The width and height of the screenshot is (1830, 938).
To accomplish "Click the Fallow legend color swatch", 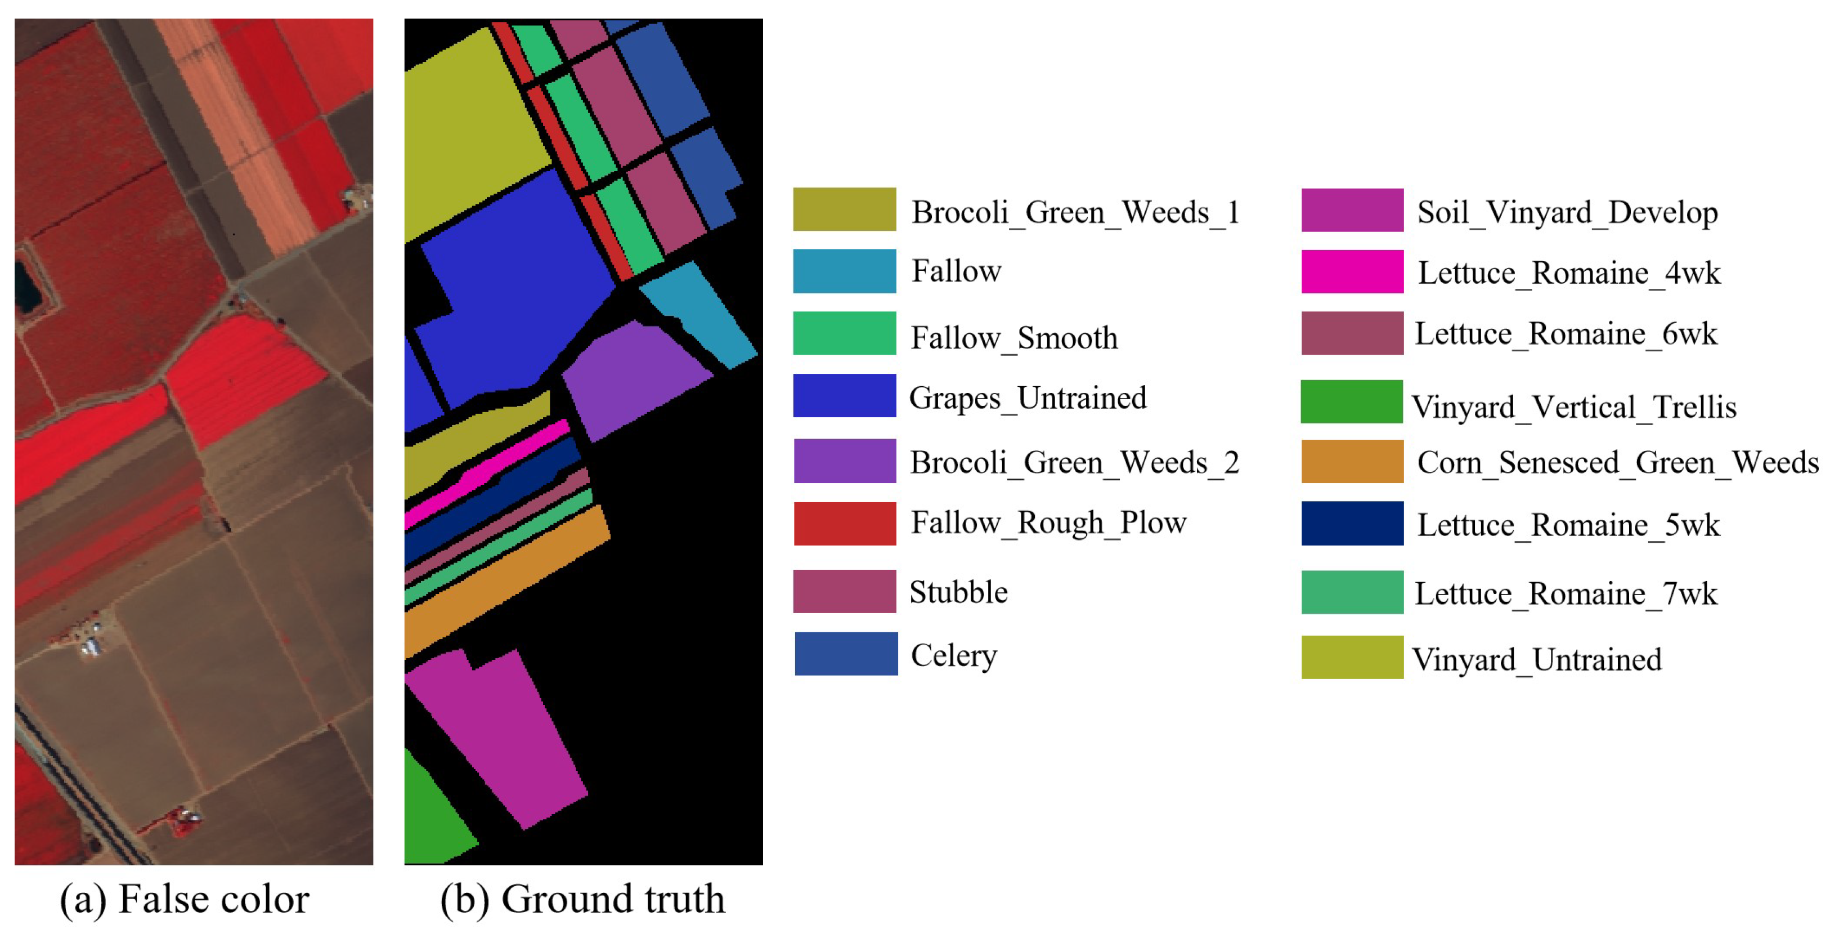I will coord(844,271).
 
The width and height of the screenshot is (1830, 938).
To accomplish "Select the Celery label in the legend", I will coord(953,654).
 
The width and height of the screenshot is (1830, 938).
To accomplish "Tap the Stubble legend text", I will coord(958,592).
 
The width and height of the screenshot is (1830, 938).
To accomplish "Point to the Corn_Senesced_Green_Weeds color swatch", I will coord(1352,462).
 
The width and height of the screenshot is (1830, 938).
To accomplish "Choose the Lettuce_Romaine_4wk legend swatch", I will coord(1352,271).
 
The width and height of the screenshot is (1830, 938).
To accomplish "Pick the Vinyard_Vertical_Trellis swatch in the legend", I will coord(1351,401).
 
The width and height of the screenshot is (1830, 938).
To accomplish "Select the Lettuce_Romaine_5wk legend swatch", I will coord(1352,524).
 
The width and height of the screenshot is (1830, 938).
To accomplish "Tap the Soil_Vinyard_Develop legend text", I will coord(1567,212).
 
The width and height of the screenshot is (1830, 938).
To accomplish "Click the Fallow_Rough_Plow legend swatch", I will coord(845,524).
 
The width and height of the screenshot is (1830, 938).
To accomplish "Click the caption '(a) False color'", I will coord(185,899).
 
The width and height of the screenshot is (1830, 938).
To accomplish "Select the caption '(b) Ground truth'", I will coord(582,899).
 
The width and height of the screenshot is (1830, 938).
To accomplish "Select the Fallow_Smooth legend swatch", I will coord(844,333).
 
